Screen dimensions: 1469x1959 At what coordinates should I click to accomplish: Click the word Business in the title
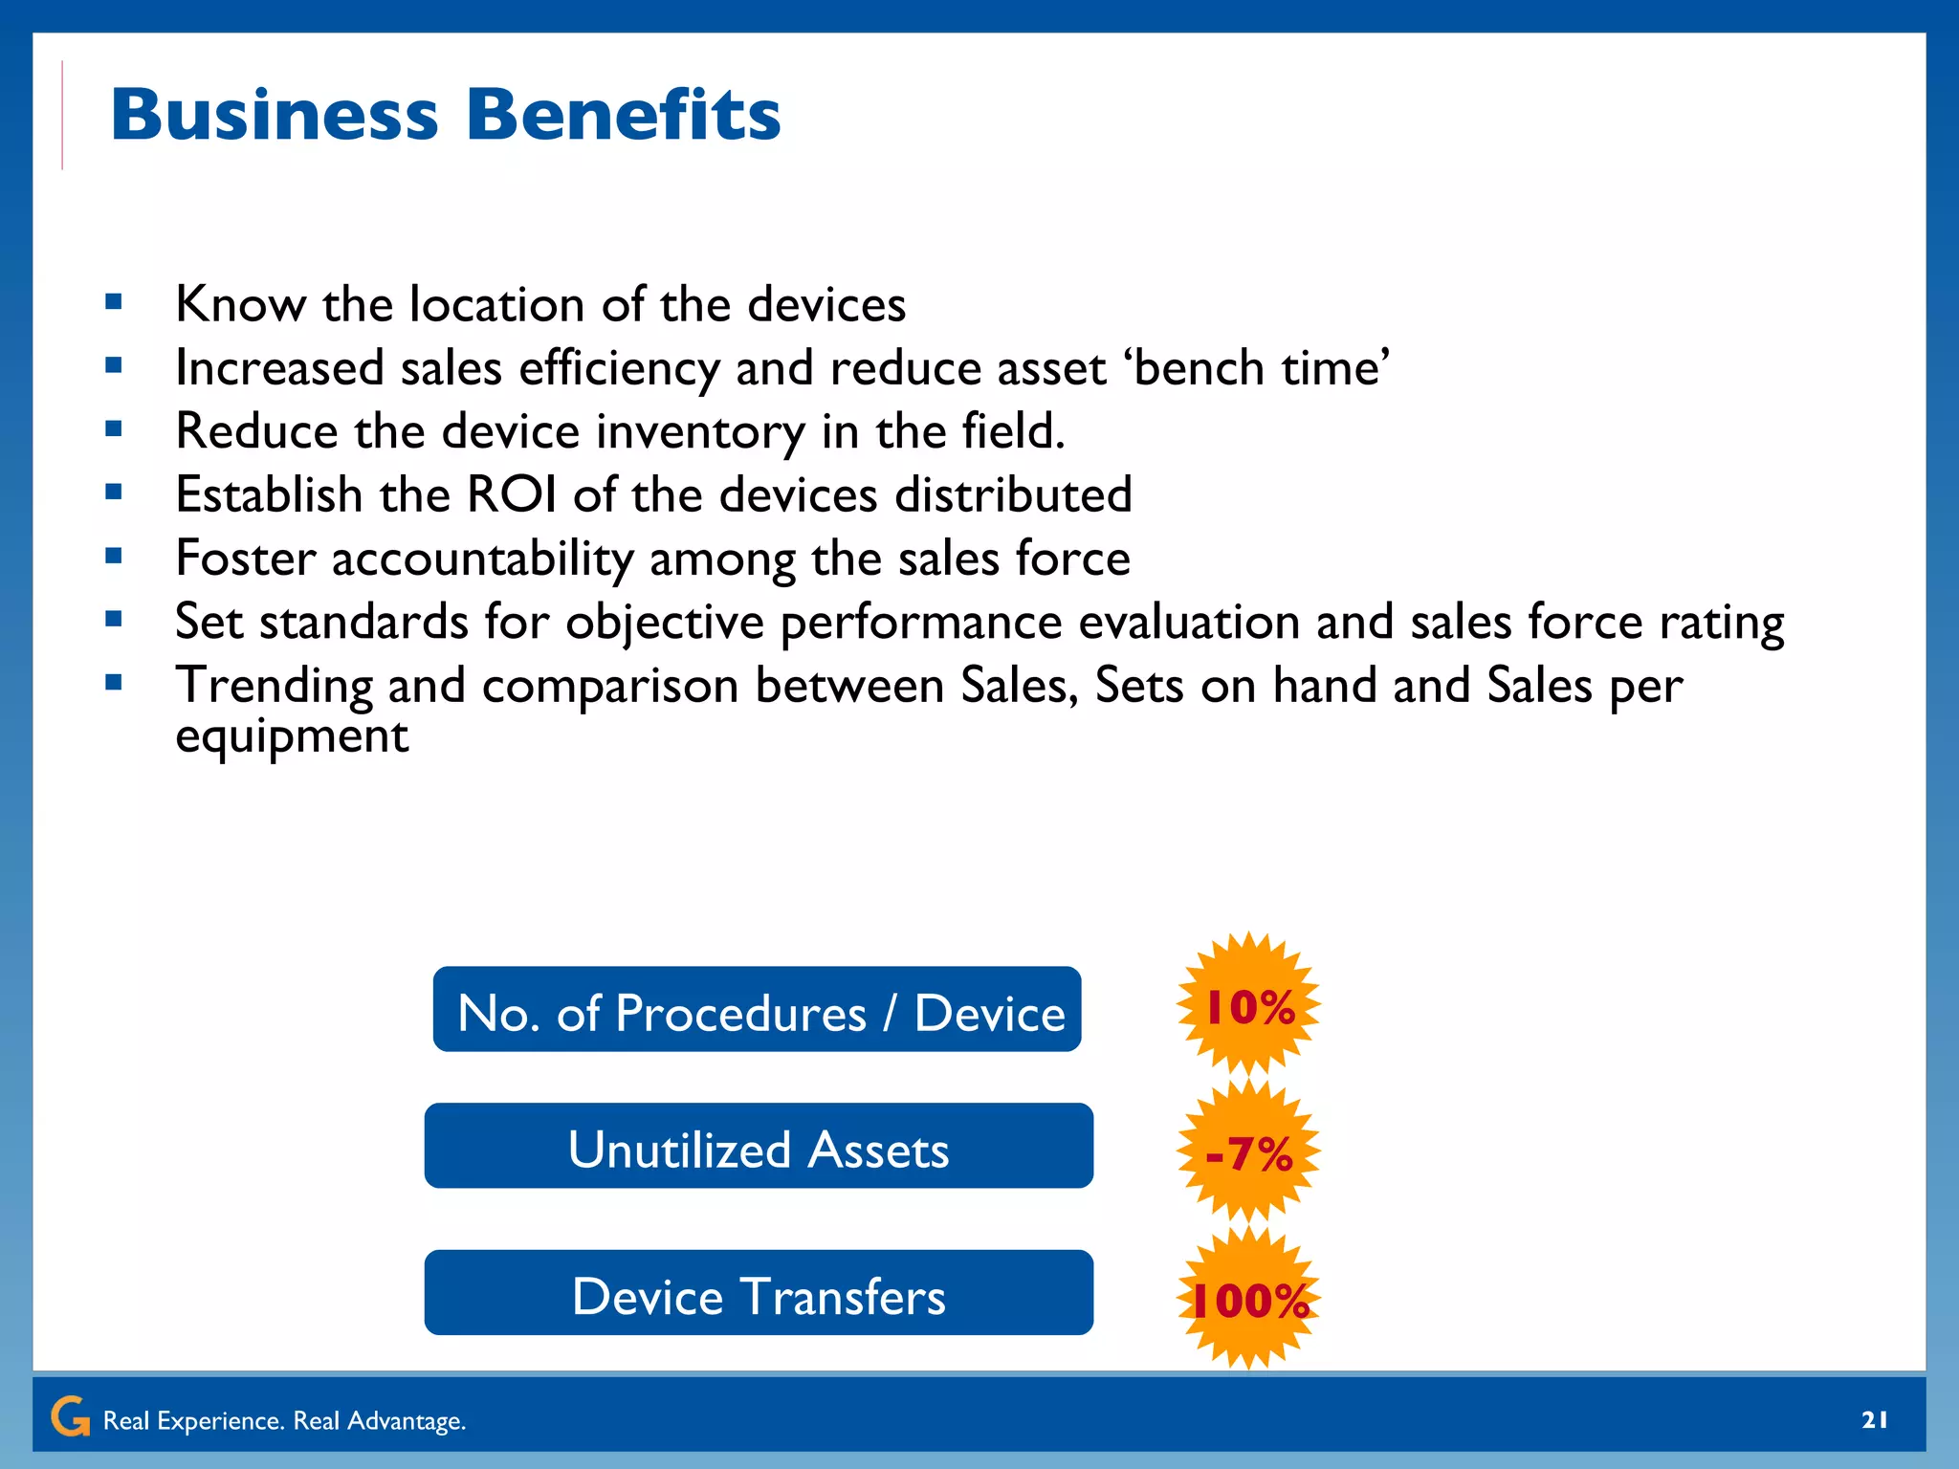(x=275, y=116)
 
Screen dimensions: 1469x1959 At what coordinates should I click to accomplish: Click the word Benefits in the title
(x=623, y=116)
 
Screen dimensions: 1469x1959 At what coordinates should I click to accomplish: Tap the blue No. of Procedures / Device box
(x=757, y=1010)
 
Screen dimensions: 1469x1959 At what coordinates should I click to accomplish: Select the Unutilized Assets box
(x=759, y=1146)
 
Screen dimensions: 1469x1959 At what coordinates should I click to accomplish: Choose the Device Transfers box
(x=759, y=1293)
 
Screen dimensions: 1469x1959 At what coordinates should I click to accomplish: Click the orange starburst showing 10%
(x=1248, y=1005)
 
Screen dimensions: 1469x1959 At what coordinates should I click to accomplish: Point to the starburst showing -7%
(x=1248, y=1152)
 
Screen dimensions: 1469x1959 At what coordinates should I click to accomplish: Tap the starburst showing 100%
(x=1248, y=1299)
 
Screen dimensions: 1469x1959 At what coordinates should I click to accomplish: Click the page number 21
(x=1874, y=1419)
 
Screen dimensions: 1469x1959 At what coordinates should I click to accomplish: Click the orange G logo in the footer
(x=71, y=1416)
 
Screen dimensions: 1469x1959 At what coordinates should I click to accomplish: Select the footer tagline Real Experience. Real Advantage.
(x=284, y=1421)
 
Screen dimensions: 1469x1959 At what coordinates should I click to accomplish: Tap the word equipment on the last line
(x=292, y=736)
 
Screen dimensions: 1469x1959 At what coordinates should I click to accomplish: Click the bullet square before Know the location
(x=114, y=303)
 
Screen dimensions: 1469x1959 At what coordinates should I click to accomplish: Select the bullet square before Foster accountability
(x=114, y=556)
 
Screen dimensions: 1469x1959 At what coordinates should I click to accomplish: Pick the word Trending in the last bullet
(x=274, y=687)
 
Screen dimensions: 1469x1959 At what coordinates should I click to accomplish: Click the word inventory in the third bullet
(x=700, y=432)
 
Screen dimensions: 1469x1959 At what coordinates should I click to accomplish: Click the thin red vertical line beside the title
(x=62, y=115)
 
